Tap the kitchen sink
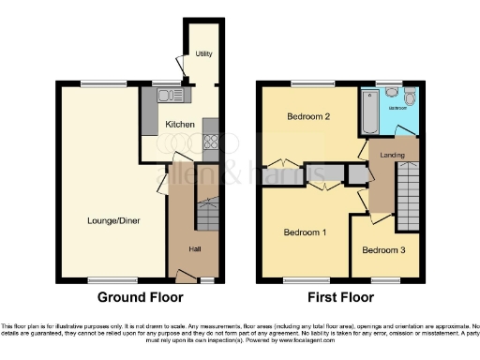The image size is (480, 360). click(x=167, y=95)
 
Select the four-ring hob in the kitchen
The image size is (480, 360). click(x=210, y=142)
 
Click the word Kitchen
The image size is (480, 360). click(x=180, y=124)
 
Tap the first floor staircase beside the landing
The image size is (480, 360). click(x=407, y=195)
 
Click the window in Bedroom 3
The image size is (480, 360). click(x=384, y=279)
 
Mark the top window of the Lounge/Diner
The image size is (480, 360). click(x=94, y=85)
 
